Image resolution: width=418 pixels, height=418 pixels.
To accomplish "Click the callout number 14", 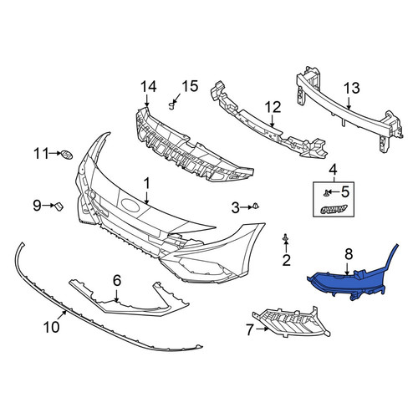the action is [x=148, y=87].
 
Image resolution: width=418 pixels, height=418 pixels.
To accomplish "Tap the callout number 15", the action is [x=190, y=86].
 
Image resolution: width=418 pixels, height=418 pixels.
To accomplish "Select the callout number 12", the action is [x=273, y=108].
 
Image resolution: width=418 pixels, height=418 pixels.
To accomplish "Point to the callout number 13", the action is [x=352, y=89].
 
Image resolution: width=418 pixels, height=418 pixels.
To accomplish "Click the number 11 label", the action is [x=41, y=153].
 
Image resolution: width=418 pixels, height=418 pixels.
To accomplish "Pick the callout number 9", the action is [x=37, y=206].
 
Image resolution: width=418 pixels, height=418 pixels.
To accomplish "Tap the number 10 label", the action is [x=52, y=327].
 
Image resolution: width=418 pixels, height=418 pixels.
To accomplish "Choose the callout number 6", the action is [x=117, y=280].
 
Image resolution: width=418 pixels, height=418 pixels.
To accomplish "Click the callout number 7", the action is [x=249, y=330].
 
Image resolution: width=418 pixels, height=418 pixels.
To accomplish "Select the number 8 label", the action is [x=349, y=254].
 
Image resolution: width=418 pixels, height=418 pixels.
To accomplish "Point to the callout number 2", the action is [x=286, y=260].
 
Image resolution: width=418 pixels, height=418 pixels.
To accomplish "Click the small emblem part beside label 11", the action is [x=67, y=154].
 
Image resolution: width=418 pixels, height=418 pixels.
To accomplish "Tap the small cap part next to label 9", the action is [x=59, y=206].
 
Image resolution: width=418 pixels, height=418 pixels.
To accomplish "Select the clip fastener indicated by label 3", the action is [x=256, y=206].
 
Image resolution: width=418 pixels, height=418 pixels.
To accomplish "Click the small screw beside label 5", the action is [x=325, y=192].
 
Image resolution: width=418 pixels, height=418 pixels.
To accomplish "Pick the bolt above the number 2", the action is [x=285, y=237].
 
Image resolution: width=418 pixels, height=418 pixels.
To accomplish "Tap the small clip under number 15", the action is [x=172, y=106].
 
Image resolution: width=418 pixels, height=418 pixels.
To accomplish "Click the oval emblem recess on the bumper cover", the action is [x=131, y=206].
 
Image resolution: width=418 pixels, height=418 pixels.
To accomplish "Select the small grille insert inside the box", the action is [x=334, y=209].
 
